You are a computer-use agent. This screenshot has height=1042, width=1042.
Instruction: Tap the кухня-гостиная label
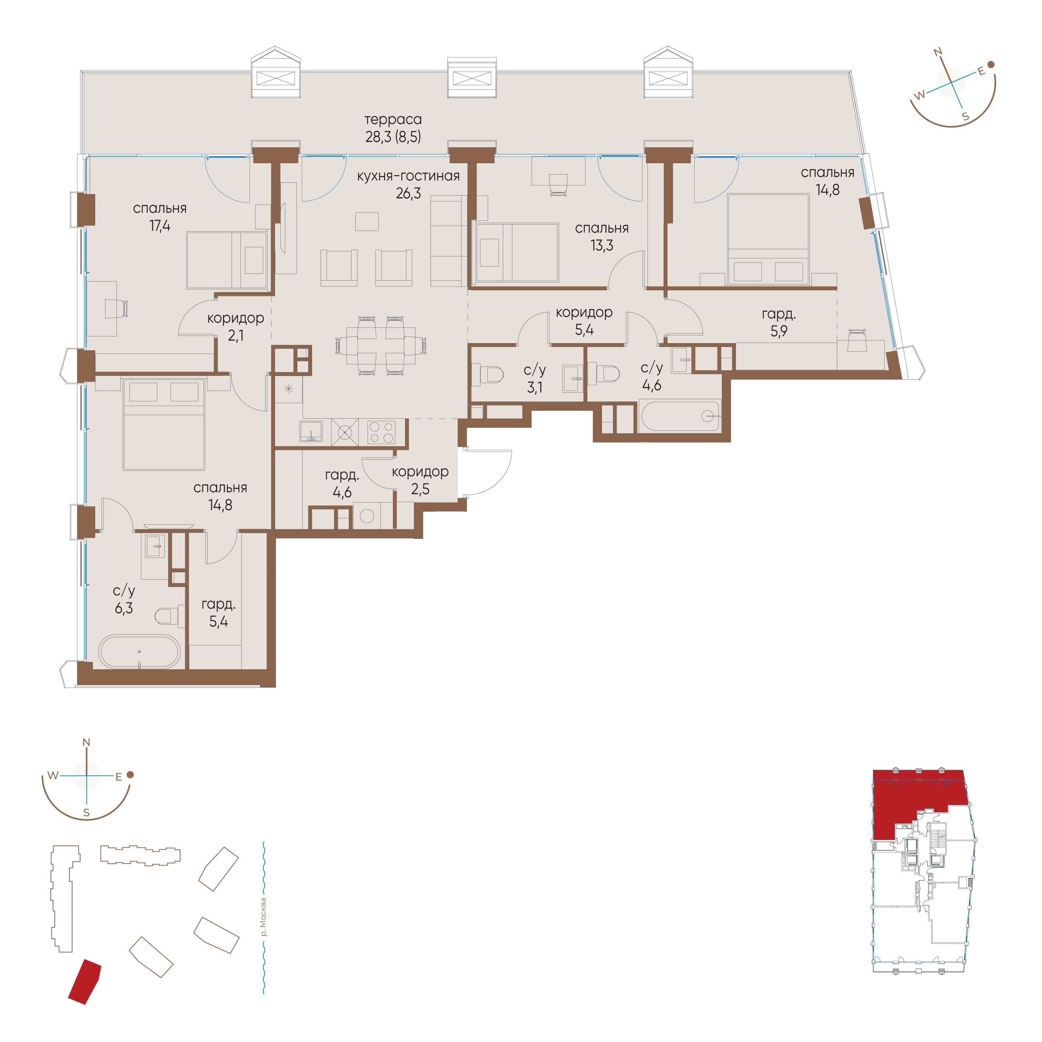coord(408,176)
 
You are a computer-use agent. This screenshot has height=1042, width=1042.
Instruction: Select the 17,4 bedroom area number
coord(160,225)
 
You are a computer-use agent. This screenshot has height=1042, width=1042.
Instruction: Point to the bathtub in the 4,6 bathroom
coord(680,416)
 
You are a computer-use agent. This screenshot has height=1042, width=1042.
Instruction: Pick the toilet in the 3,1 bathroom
coord(488,374)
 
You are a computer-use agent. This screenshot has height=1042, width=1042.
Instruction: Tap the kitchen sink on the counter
coord(311,432)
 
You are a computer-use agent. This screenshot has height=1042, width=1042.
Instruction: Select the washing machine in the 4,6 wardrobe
coord(367,516)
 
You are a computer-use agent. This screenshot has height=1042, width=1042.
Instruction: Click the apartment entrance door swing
coord(488,472)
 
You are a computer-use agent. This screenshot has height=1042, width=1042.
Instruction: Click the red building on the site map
coord(85,982)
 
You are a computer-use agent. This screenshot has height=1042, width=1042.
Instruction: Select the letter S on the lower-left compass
coord(86,813)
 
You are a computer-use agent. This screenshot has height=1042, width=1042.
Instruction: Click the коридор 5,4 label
coord(584,321)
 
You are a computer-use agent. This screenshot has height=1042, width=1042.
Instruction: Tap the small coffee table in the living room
coord(367,221)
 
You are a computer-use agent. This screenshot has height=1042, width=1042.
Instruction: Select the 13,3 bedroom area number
coord(602,246)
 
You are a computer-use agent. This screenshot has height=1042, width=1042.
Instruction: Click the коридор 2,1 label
coord(236,327)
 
